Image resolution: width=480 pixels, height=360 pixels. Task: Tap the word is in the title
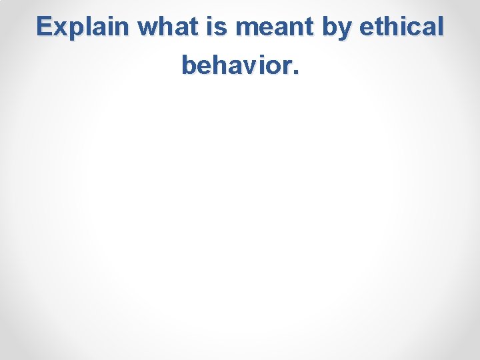click(x=216, y=27)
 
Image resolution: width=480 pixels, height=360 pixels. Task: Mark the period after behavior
click(x=295, y=72)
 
